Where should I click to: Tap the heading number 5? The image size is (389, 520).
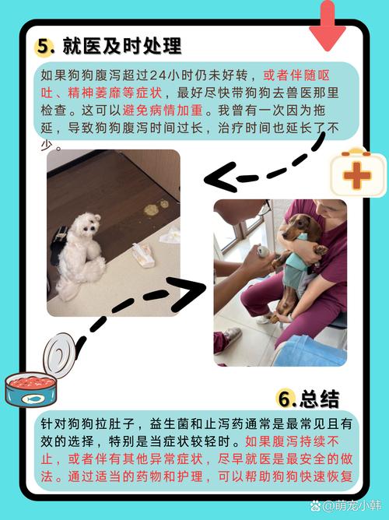[x=44, y=47]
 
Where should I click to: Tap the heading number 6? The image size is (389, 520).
[x=287, y=400]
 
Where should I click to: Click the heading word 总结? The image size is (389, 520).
[x=321, y=400]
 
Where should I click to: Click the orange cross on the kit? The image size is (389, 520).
[x=357, y=176]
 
